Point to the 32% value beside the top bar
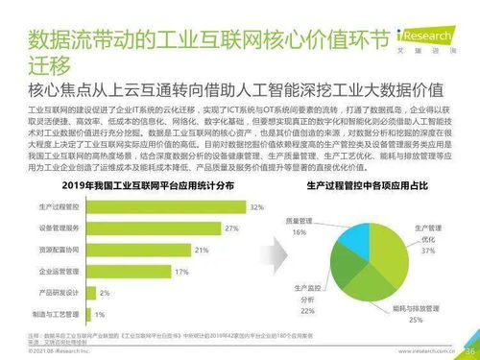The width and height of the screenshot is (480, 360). click(257, 206)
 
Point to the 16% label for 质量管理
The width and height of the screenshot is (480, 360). click(300, 231)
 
